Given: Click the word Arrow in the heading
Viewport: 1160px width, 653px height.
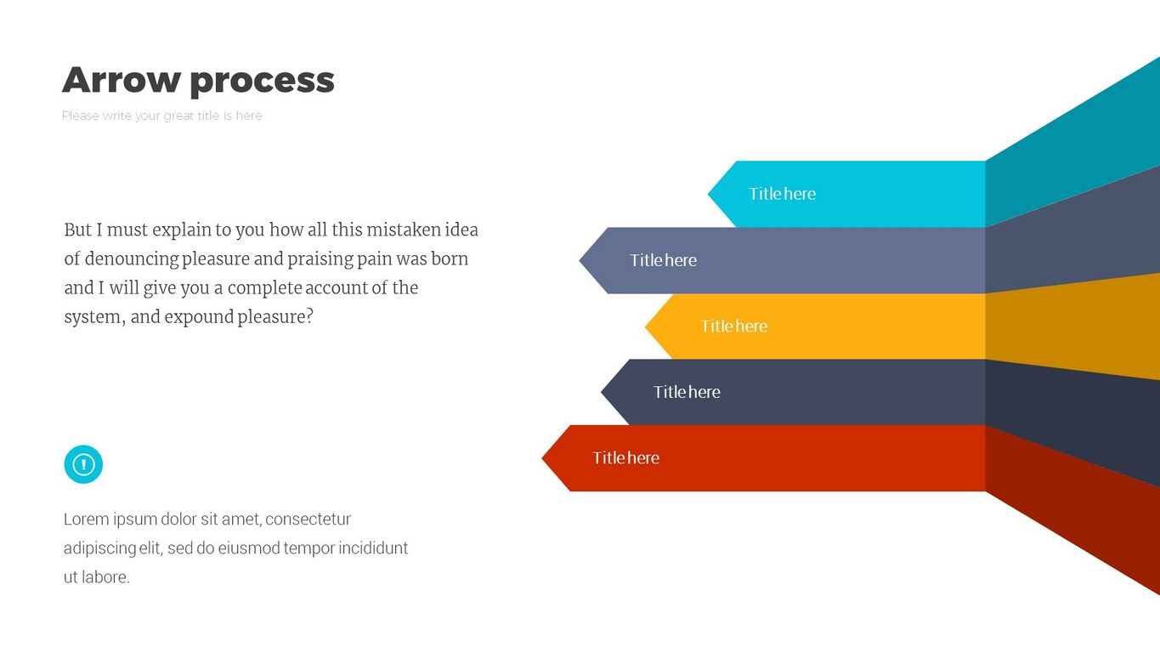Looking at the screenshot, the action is pos(122,80).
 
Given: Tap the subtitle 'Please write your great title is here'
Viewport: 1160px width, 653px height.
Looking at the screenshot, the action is pos(161,116).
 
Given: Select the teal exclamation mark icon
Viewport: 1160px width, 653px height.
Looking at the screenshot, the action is pos(83,464).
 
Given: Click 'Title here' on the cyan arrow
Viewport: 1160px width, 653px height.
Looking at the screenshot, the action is pos(782,194).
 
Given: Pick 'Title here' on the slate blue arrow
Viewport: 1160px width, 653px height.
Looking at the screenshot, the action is pos(663,260).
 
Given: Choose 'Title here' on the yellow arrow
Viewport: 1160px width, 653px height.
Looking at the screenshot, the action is pos(733,326).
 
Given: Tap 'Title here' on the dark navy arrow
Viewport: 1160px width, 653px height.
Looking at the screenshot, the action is pos(686,392).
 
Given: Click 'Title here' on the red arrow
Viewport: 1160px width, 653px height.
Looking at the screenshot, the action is pos(625,457).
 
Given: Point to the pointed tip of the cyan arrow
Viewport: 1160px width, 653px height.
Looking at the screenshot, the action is pos(709,195).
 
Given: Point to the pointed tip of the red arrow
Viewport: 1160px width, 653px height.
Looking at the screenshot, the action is pos(542,458).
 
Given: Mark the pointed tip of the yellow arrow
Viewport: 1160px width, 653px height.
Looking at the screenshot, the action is pos(646,326).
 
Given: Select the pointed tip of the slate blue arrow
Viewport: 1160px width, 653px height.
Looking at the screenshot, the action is pos(580,261).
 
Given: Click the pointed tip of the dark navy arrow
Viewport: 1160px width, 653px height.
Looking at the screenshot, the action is pos(602,392).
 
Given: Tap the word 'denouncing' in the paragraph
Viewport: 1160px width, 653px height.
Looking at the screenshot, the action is pos(131,259).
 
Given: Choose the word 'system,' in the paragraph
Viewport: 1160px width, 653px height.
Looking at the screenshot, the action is pos(95,317).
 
